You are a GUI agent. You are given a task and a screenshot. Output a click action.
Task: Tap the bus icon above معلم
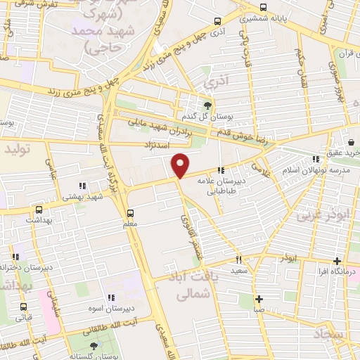(x=129, y=213)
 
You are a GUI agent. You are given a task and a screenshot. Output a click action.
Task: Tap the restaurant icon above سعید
(x=239, y=259)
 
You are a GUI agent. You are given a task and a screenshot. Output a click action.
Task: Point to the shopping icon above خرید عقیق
(x=345, y=141)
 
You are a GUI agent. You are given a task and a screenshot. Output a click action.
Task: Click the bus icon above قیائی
(x=24, y=307)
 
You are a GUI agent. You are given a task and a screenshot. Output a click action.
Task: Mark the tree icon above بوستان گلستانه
(x=95, y=345)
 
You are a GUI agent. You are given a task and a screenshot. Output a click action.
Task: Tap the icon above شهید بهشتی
(x=83, y=186)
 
